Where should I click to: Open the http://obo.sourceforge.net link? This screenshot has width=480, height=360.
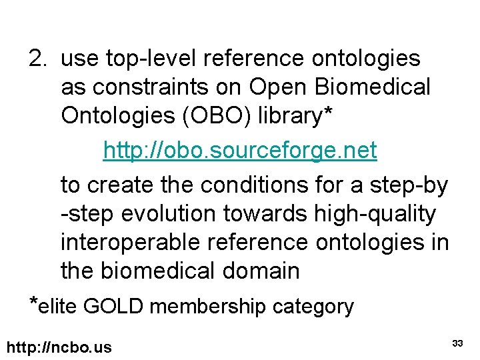click(x=240, y=151)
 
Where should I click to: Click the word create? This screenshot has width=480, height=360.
click(x=121, y=185)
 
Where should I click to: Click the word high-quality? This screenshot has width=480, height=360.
click(x=373, y=214)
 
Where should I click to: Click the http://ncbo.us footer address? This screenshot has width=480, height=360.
click(x=59, y=347)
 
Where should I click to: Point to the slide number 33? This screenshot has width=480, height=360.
click(x=457, y=343)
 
